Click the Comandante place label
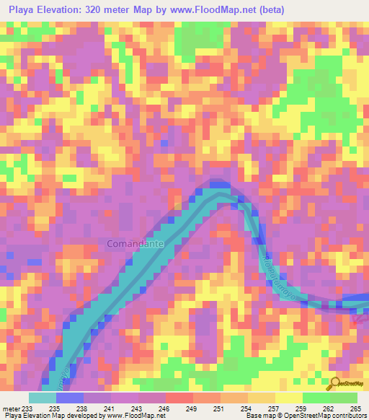[135, 244]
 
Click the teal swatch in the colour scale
[43, 398]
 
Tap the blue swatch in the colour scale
[70, 398]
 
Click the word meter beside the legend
[10, 408]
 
